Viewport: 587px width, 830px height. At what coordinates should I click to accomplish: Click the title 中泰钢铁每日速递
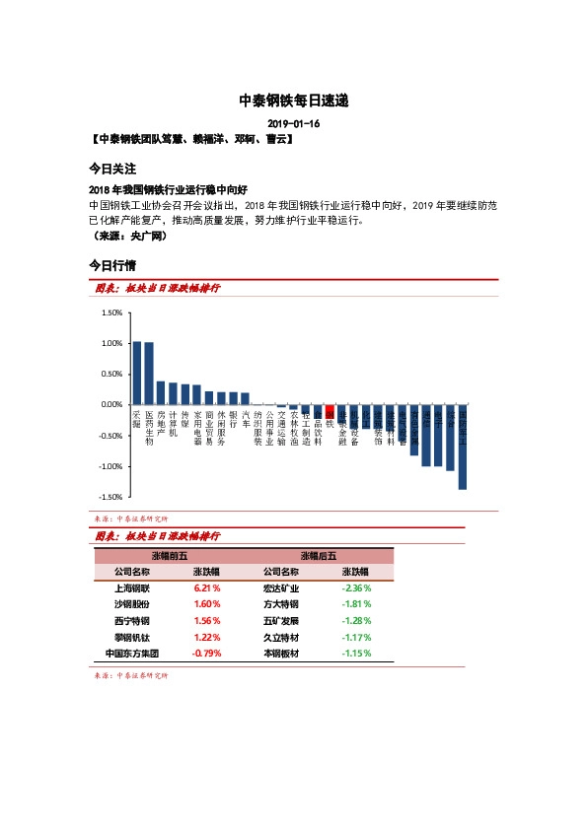pyautogui.click(x=294, y=101)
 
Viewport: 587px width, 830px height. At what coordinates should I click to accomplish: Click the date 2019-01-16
pyautogui.click(x=294, y=124)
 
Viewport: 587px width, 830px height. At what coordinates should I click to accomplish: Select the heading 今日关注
pyautogui.click(x=112, y=169)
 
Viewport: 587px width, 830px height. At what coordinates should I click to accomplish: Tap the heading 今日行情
pyautogui.click(x=112, y=265)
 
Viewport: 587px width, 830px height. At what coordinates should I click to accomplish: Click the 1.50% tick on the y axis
pyautogui.click(x=110, y=312)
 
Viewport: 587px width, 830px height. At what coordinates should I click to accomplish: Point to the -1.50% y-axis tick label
pyautogui.click(x=110, y=497)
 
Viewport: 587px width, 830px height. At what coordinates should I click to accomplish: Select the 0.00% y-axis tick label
pyautogui.click(x=110, y=404)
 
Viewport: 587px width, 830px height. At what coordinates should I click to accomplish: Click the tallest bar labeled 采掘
pyautogui.click(x=137, y=373)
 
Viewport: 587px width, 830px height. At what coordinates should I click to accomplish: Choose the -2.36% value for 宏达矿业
pyautogui.click(x=355, y=588)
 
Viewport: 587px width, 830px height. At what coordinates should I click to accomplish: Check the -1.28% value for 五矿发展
pyautogui.click(x=355, y=621)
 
